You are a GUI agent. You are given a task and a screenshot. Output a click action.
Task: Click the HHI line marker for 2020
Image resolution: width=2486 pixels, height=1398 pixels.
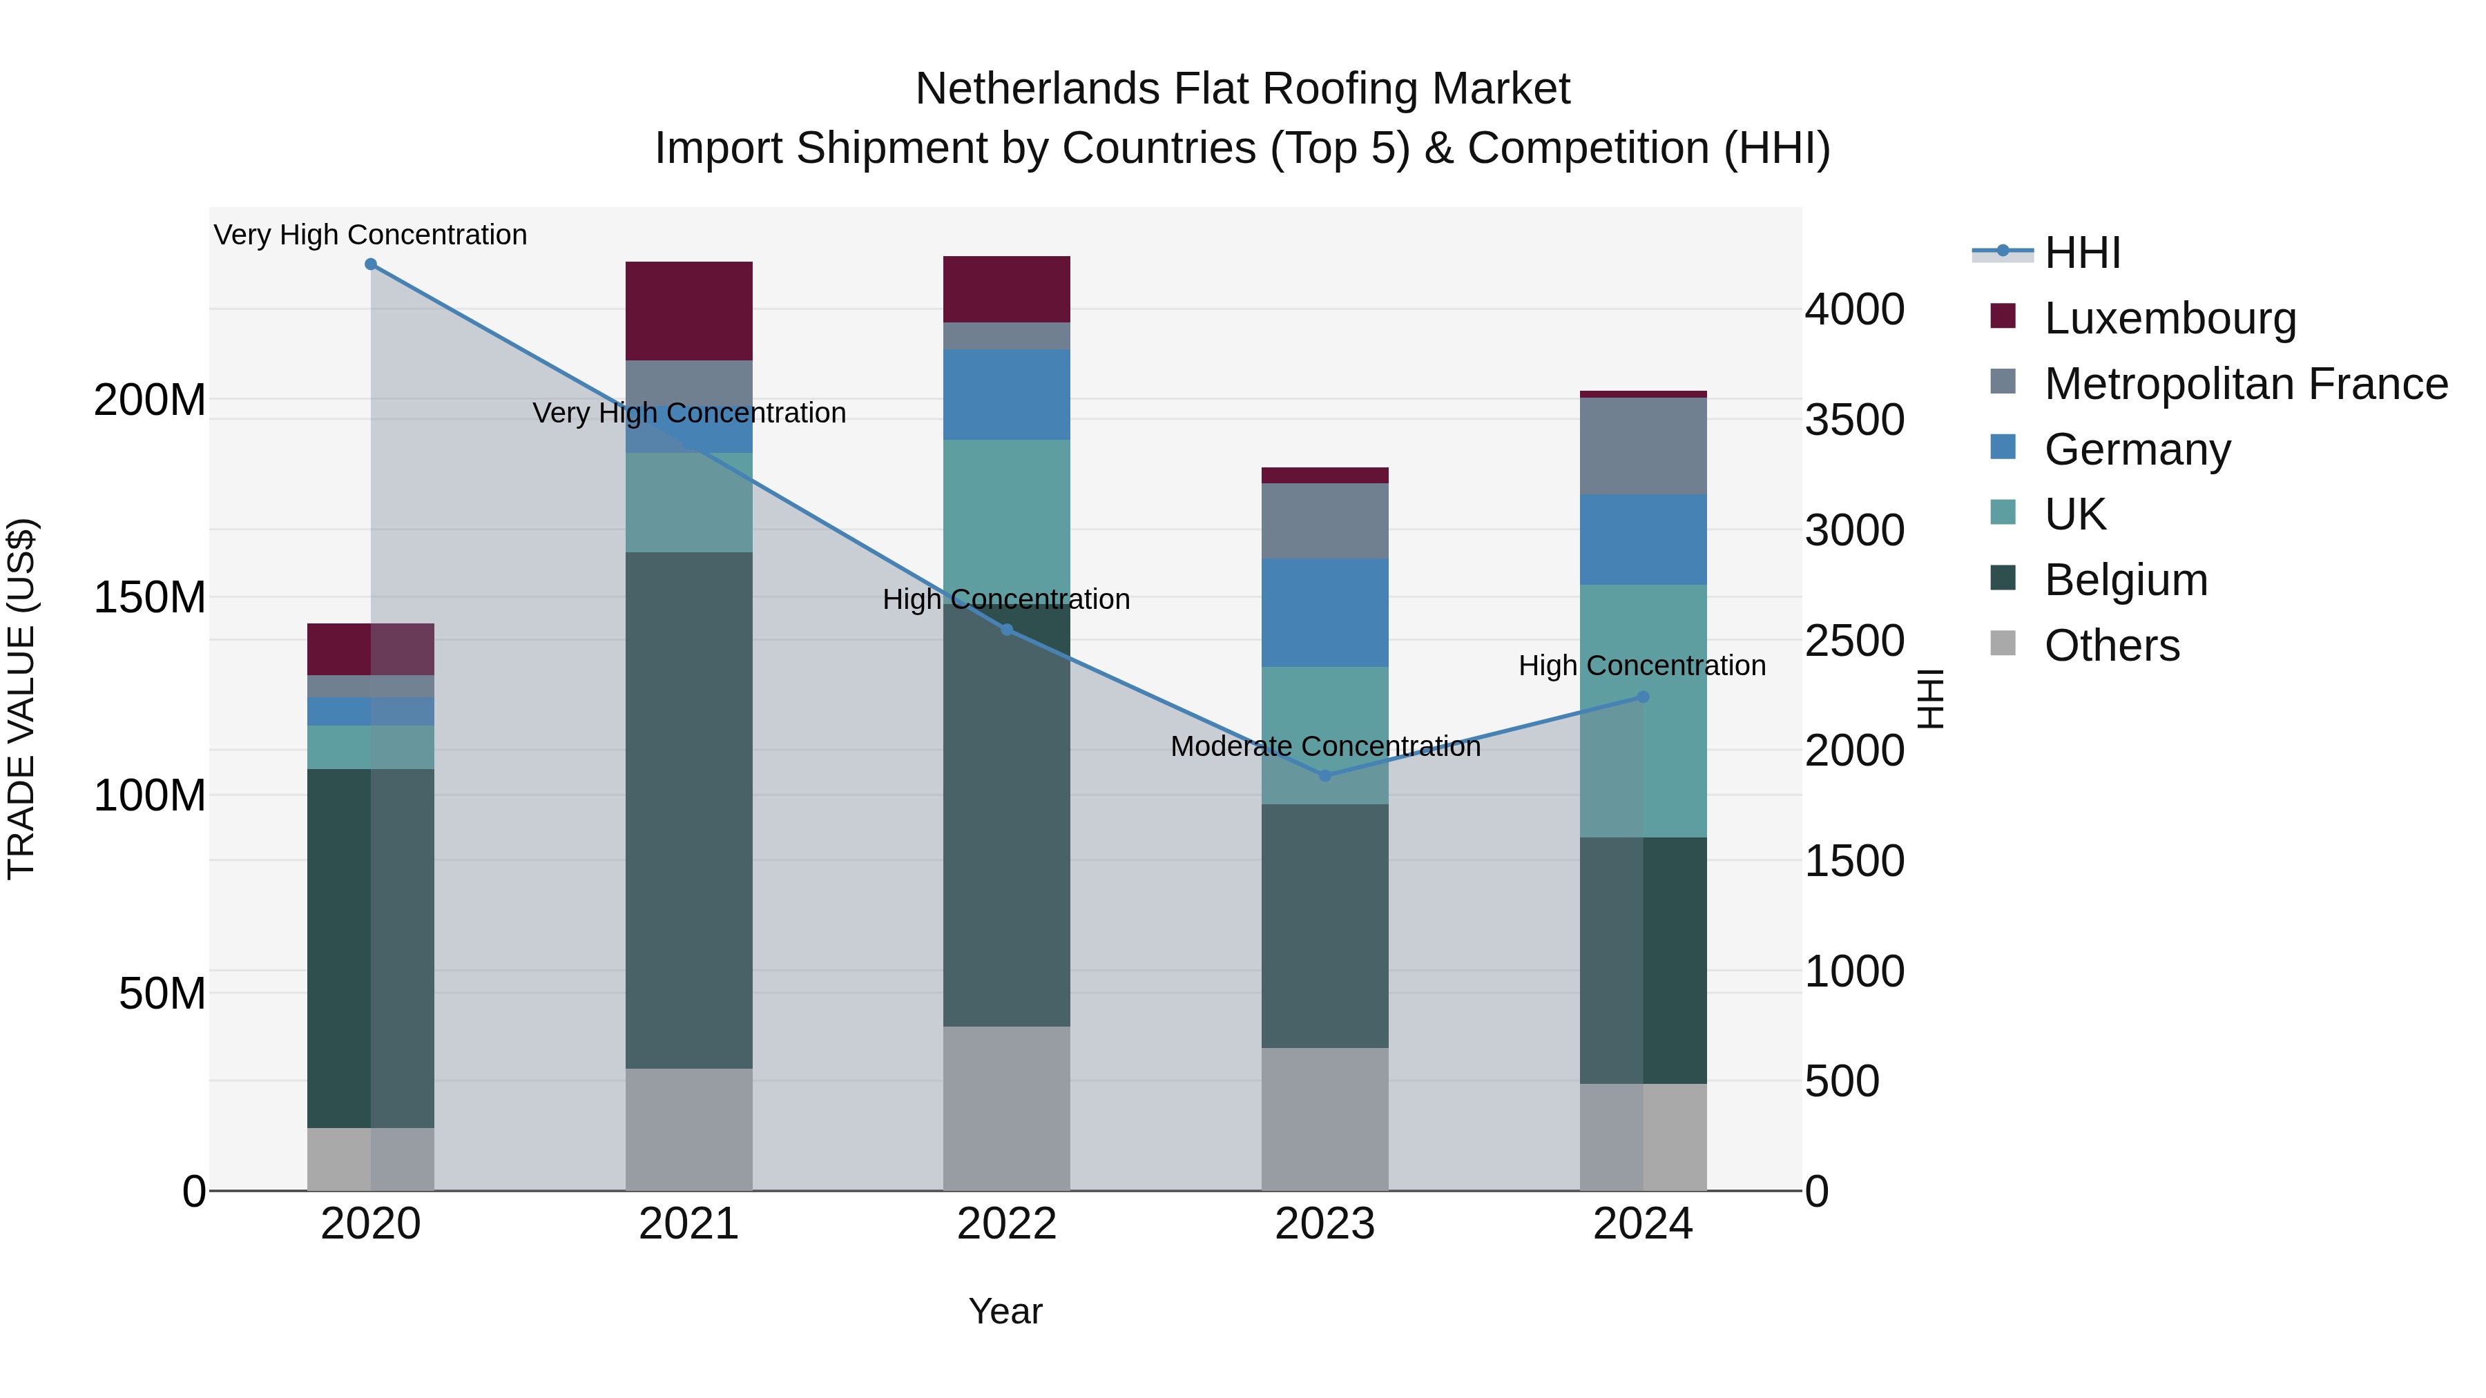(x=371, y=264)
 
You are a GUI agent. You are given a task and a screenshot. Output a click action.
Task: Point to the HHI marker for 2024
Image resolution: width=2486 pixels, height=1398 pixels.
(x=1644, y=697)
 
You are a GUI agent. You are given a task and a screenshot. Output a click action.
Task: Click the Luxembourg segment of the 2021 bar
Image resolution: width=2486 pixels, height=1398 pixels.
(x=689, y=311)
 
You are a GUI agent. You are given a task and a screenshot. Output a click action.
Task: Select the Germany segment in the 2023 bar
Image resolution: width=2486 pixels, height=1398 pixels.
(x=1325, y=612)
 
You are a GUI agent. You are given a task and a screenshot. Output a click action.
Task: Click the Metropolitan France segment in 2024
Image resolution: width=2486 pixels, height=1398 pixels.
(x=1644, y=446)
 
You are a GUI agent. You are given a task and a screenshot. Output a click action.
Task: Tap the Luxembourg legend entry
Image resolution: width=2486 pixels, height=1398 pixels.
(x=2170, y=318)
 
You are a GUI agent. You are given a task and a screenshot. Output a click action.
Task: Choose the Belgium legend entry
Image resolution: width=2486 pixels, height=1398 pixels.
(x=2126, y=580)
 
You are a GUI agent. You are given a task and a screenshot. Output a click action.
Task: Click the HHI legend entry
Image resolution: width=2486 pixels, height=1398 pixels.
(x=2083, y=253)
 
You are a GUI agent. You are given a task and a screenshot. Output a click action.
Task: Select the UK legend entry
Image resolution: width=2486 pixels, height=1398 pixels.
(x=2075, y=514)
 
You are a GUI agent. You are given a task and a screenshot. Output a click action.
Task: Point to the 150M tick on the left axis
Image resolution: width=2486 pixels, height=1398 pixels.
(x=150, y=598)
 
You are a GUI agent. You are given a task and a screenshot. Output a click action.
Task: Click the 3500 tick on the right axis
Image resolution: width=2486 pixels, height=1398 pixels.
(x=1854, y=420)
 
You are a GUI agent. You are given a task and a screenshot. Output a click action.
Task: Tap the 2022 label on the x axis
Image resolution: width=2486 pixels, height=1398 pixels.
(x=1007, y=1224)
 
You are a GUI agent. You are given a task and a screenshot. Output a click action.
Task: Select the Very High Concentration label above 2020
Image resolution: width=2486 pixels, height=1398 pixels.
(x=371, y=235)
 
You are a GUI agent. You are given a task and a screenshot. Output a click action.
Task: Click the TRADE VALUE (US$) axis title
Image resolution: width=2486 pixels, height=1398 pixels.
(x=21, y=699)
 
